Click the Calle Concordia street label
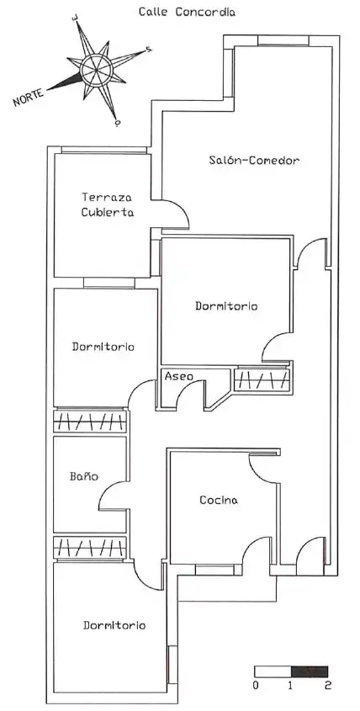click(x=187, y=12)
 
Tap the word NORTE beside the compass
click(x=29, y=97)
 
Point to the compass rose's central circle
click(x=96, y=69)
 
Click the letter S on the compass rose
click(x=149, y=50)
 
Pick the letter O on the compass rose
click(x=118, y=123)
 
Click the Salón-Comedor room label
click(x=254, y=160)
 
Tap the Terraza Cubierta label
click(x=108, y=204)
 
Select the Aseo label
click(x=178, y=376)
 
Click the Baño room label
click(x=84, y=476)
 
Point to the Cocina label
click(x=219, y=500)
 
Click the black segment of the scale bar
click(x=310, y=671)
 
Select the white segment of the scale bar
click(x=273, y=671)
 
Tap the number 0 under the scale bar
click(x=255, y=685)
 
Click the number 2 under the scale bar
click(x=327, y=685)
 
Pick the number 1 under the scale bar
click(x=291, y=685)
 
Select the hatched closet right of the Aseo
click(x=262, y=379)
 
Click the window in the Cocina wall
click(x=215, y=570)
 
